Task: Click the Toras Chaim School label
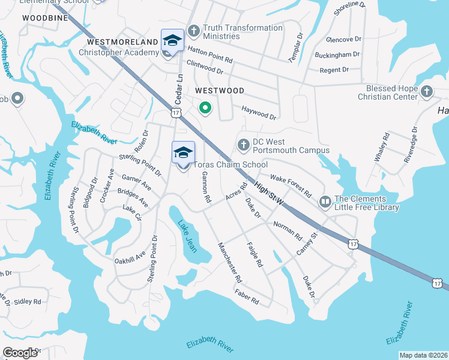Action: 230,164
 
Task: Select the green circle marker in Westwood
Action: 205,108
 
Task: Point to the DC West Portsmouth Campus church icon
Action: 244,145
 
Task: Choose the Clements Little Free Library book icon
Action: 325,202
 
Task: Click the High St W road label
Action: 268,196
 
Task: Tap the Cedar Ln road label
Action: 178,88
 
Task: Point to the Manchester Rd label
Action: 230,263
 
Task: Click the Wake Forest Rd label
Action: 291,186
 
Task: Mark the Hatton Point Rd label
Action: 210,55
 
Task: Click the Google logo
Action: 20,352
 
